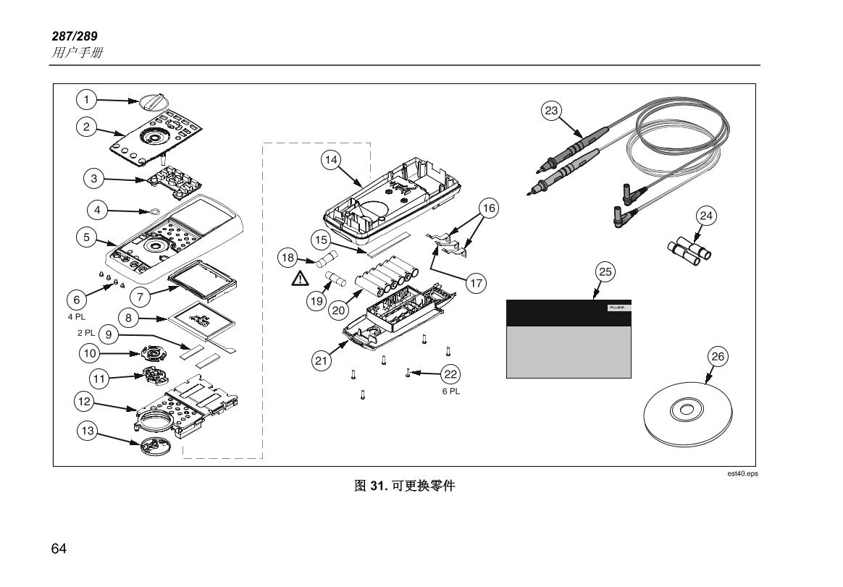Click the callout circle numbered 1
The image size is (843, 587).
click(86, 99)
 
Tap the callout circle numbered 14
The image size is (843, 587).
click(331, 160)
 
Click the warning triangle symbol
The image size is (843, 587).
click(300, 279)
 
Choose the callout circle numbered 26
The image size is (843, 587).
click(718, 356)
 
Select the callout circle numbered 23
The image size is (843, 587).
click(552, 111)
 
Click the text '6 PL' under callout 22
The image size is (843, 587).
click(451, 392)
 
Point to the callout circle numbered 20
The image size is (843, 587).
click(339, 311)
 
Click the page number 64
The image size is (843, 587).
click(59, 549)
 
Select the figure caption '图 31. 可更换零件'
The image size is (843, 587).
click(404, 486)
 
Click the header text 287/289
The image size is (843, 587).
click(75, 36)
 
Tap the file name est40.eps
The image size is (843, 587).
click(742, 473)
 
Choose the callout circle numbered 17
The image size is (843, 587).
click(476, 283)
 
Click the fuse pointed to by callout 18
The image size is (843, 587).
click(327, 260)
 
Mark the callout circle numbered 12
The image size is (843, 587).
click(85, 402)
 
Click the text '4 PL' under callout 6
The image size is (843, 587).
click(76, 316)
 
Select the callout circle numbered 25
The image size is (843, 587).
click(605, 272)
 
